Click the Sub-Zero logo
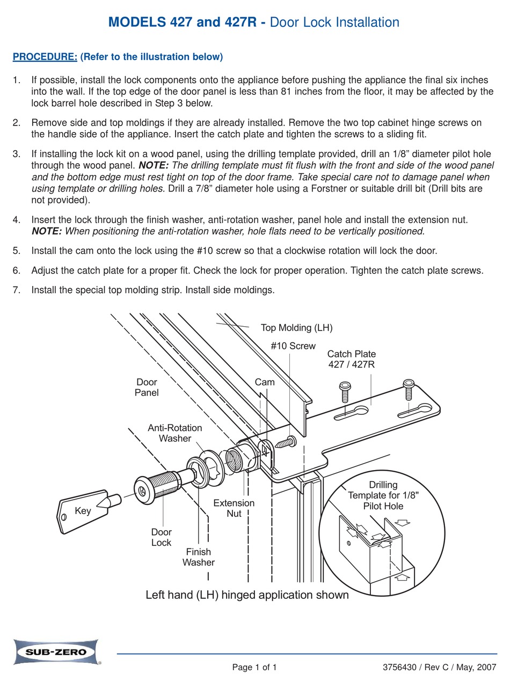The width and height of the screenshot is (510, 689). [56, 651]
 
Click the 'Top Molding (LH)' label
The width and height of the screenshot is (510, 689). [296, 328]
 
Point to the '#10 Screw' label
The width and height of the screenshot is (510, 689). [293, 346]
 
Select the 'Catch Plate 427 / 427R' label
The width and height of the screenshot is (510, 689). [352, 359]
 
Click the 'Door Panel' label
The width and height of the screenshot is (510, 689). [147, 387]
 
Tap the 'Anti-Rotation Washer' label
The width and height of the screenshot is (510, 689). [175, 433]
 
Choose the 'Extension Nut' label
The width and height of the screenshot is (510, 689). [234, 508]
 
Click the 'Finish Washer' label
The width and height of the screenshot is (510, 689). [198, 557]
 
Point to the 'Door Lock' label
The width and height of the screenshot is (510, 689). [161, 537]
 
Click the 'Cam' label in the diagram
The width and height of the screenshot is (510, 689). [265, 382]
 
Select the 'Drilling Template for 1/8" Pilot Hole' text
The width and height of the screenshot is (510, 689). [383, 495]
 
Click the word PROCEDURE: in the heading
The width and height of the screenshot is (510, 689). [45, 57]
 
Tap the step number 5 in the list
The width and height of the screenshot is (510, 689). [17, 251]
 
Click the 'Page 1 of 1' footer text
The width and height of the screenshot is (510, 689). [254, 668]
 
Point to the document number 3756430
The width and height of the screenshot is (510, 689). [400, 668]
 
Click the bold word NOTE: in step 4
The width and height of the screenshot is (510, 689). [47, 231]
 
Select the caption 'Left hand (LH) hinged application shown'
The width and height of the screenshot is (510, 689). [247, 595]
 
